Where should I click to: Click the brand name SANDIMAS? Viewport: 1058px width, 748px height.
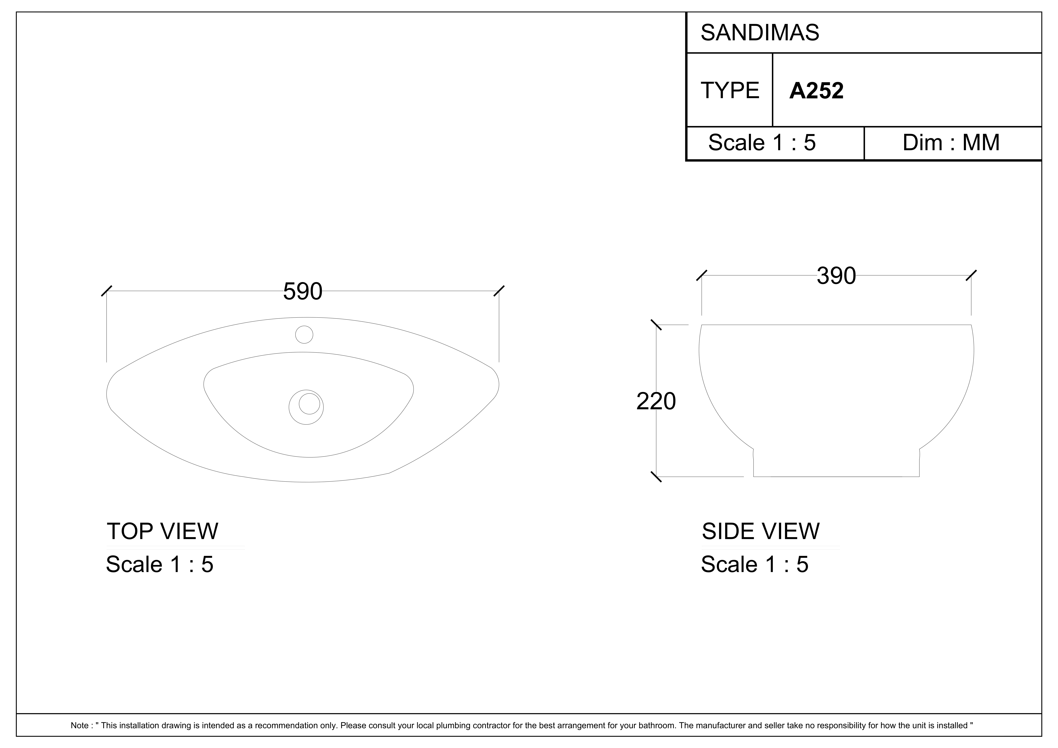[760, 33]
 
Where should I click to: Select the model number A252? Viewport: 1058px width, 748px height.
[816, 91]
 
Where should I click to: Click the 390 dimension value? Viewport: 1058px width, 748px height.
[836, 276]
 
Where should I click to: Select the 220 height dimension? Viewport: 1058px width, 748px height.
[656, 401]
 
